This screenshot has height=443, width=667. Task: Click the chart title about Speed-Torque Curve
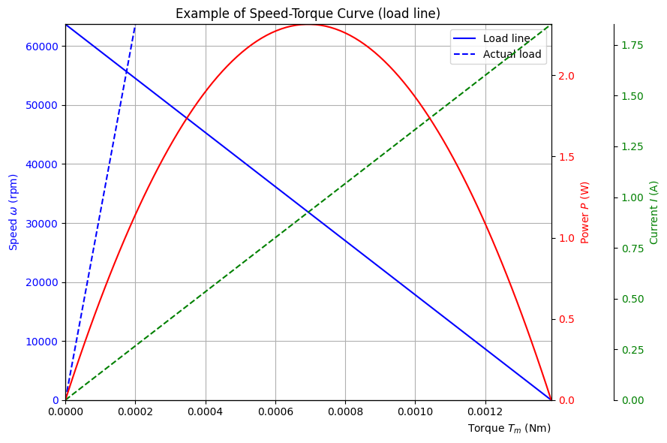pyautogui.click(x=308, y=14)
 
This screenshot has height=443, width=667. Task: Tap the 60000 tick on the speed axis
pyautogui.click(x=42, y=47)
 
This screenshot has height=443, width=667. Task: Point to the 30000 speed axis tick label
pyautogui.click(x=42, y=224)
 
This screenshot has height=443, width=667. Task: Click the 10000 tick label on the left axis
pyautogui.click(x=42, y=342)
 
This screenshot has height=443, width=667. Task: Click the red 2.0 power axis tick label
pyautogui.click(x=566, y=76)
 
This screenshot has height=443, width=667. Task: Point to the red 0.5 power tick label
pyautogui.click(x=566, y=319)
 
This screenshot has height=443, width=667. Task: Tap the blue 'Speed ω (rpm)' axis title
pyautogui.click(x=14, y=212)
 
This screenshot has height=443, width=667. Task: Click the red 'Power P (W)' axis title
pyautogui.click(x=585, y=212)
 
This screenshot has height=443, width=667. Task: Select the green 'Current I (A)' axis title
pyautogui.click(x=654, y=212)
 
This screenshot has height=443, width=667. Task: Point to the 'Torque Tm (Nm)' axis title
pyautogui.click(x=509, y=429)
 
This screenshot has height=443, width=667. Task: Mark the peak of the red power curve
pyautogui.click(x=308, y=25)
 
